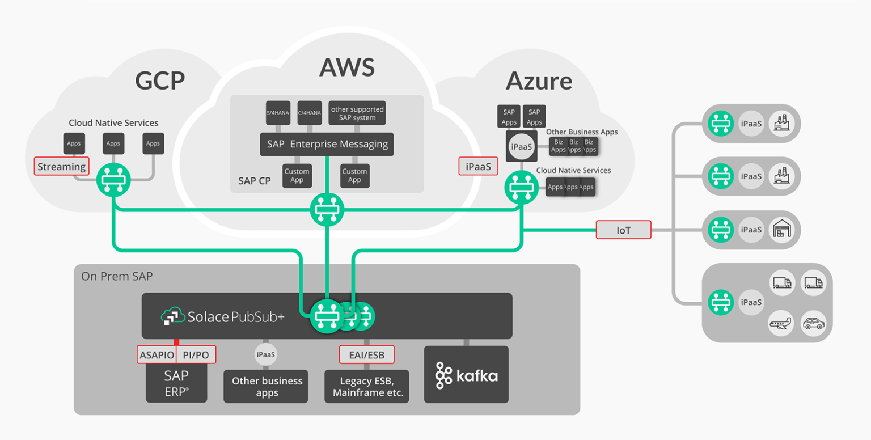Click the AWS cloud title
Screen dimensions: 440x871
pyautogui.click(x=346, y=67)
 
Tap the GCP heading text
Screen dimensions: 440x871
pyautogui.click(x=160, y=81)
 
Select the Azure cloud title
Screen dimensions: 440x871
pyautogui.click(x=539, y=81)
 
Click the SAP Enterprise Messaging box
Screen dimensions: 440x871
pyautogui.click(x=327, y=145)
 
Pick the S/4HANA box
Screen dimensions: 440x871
pyautogui.click(x=278, y=113)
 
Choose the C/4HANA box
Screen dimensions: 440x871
pyautogui.click(x=310, y=113)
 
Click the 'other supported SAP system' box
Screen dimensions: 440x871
pyautogui.click(x=357, y=113)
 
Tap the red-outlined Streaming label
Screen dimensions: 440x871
pyautogui.click(x=62, y=167)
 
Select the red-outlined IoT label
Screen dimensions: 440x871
pyautogui.click(x=623, y=230)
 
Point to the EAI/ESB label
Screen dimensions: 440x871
pyautogui.click(x=366, y=355)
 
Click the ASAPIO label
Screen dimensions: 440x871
pyautogui.click(x=157, y=355)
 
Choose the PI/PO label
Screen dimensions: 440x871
pyautogui.click(x=196, y=355)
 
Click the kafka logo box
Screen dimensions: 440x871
pyautogui.click(x=466, y=375)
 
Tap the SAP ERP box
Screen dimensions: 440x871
pyautogui.click(x=176, y=383)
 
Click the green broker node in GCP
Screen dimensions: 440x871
pyautogui.click(x=113, y=180)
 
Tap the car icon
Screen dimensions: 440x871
pyautogui.click(x=813, y=324)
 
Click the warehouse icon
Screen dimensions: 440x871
pyautogui.click(x=783, y=230)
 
